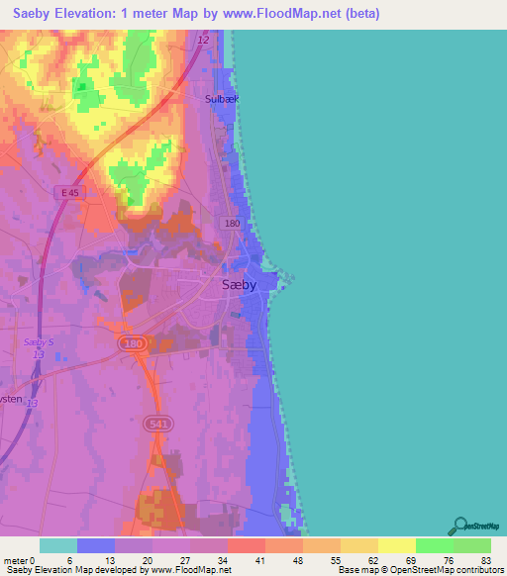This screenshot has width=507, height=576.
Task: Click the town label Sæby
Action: pyautogui.click(x=238, y=284)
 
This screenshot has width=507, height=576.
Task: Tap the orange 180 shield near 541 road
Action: pyautogui.click(x=132, y=342)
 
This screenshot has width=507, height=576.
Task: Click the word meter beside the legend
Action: pyautogui.click(x=18, y=560)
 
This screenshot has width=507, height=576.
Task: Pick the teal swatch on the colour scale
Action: pyautogui.click(x=58, y=545)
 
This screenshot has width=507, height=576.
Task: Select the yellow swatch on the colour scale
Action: pyautogui.click(x=397, y=545)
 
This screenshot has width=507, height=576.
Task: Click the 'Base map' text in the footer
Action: pyautogui.click(x=357, y=570)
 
